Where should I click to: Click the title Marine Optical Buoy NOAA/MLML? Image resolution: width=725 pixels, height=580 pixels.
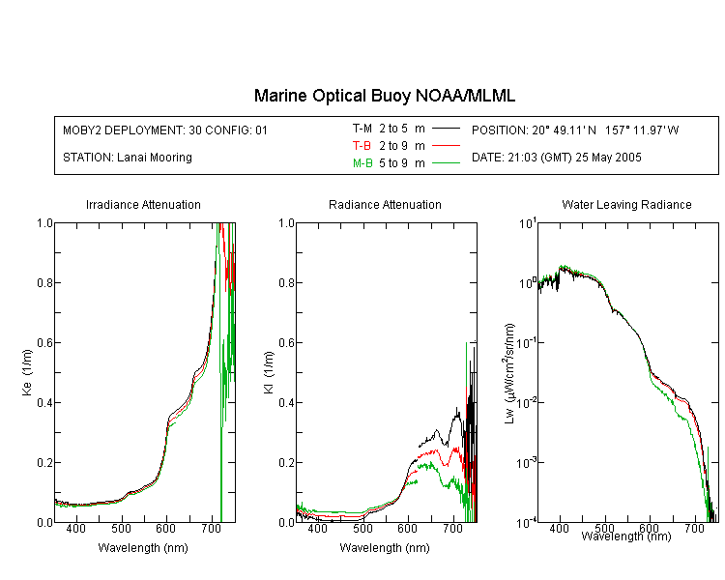(x=384, y=96)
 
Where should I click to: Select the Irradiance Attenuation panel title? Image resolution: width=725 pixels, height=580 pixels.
(x=143, y=204)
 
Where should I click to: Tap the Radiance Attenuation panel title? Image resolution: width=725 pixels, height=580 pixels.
(x=385, y=204)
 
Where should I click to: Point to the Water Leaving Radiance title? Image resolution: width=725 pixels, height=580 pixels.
(x=626, y=204)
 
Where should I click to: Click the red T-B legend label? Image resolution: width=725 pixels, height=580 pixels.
(x=362, y=146)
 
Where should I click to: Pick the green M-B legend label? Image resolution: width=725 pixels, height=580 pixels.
(x=362, y=163)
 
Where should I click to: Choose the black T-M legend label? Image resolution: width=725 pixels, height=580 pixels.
(x=362, y=129)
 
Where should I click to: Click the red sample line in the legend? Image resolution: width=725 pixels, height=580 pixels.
(x=446, y=146)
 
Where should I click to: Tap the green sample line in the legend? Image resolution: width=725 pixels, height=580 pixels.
(x=446, y=163)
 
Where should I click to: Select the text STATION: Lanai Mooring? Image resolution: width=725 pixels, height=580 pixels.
(x=128, y=158)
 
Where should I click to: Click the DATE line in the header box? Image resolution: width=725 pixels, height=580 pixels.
(x=556, y=158)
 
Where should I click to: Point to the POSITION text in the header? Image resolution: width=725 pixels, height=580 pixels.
(x=575, y=130)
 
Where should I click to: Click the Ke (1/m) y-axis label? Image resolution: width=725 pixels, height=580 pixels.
(x=27, y=373)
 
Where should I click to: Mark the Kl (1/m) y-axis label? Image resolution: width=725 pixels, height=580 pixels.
(x=269, y=373)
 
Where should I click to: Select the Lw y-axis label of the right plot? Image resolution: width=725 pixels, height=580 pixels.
(x=509, y=373)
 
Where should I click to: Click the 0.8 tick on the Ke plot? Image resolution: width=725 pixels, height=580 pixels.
(x=44, y=282)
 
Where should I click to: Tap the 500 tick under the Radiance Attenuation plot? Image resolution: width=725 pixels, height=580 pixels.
(x=362, y=528)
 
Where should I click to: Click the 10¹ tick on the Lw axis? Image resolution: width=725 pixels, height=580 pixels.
(x=528, y=224)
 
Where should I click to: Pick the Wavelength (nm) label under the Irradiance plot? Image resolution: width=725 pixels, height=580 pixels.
(x=143, y=548)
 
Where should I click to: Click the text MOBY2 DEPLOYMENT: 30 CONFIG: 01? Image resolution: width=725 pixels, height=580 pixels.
(x=165, y=130)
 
